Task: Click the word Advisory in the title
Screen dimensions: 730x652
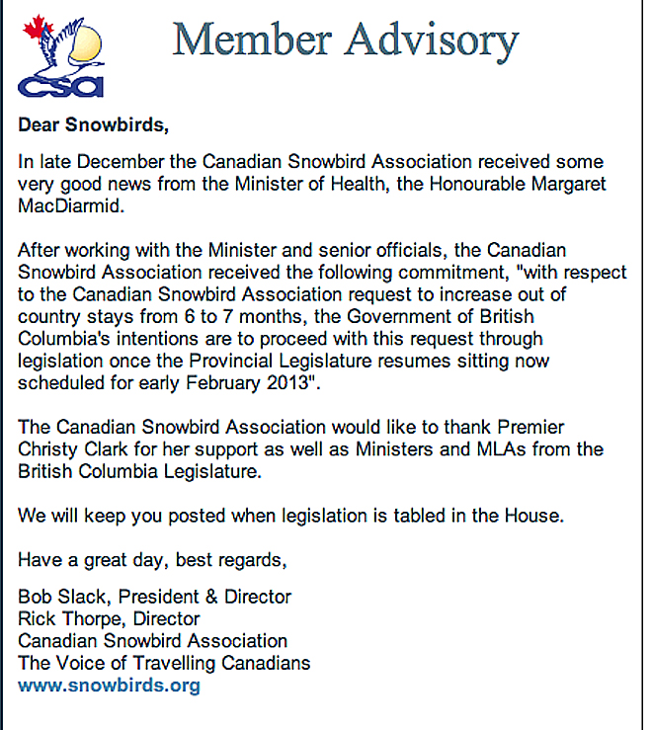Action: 432,41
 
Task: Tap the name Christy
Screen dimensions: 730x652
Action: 50,450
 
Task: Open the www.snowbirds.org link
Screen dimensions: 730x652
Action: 109,685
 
